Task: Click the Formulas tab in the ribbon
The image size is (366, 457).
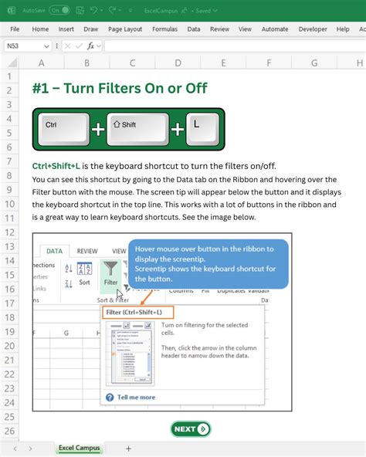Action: coord(164,29)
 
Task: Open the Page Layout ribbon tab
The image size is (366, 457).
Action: coord(124,29)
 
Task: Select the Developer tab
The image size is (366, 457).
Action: coord(313,29)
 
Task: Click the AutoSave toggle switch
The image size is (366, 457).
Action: coord(59,10)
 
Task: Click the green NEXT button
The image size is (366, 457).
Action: coord(191,429)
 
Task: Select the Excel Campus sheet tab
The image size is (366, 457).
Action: coord(79,449)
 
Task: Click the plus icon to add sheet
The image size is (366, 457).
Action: coord(128,449)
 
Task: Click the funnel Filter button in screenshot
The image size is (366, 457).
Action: coord(111,273)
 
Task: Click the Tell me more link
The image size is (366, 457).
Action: coord(134,398)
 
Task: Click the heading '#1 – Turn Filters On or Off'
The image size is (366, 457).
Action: coord(119,88)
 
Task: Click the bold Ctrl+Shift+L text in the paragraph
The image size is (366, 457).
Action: coord(56,166)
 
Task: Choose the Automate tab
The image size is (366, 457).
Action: coord(275,29)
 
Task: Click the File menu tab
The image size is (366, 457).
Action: coord(14,29)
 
